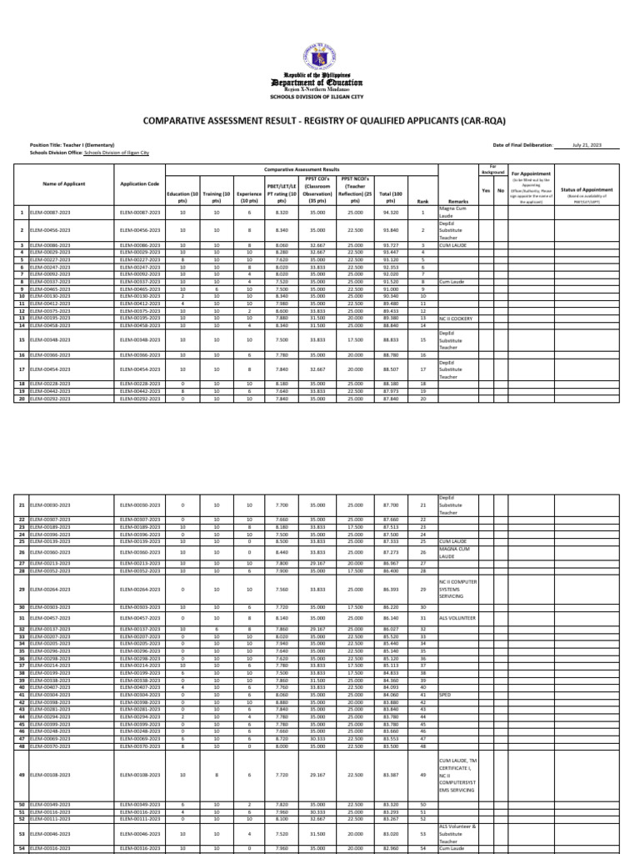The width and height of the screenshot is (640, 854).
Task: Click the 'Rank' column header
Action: (422, 201)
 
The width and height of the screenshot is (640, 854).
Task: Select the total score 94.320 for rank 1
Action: (388, 213)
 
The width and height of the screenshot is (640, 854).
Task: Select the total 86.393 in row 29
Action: (388, 588)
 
